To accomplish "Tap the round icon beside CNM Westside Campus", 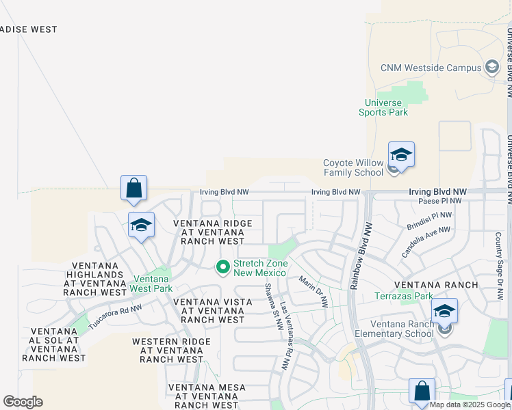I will (491, 67).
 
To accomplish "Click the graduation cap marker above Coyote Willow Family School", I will (401, 155).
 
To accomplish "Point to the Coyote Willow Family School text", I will (353, 167).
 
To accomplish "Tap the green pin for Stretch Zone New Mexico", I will (222, 267).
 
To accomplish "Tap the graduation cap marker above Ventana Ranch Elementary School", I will (444, 310).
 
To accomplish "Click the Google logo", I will (23, 402).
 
